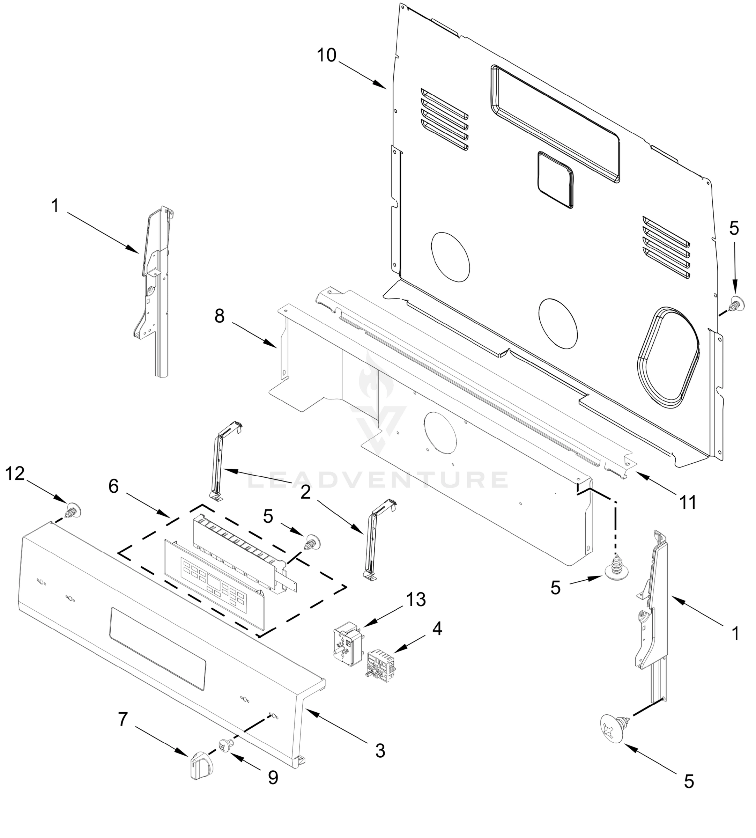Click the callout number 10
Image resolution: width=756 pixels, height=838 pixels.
pyautogui.click(x=326, y=55)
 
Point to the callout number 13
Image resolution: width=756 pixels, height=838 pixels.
pyautogui.click(x=416, y=600)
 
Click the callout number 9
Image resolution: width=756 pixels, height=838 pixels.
pyautogui.click(x=273, y=778)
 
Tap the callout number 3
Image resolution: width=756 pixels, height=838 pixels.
pyautogui.click(x=380, y=751)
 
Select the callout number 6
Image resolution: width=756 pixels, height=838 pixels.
pyautogui.click(x=114, y=486)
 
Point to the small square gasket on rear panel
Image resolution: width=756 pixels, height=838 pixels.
pyautogui.click(x=555, y=179)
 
